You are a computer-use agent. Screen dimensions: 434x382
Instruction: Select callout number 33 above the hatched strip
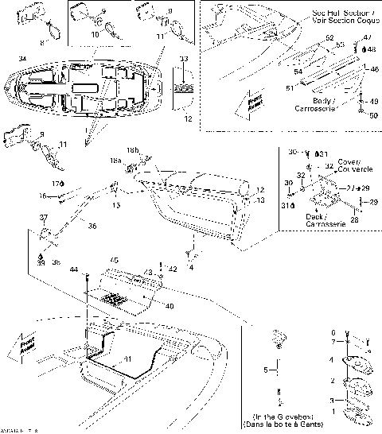coord(185,59)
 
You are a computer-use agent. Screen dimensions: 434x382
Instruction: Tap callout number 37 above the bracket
coord(44,216)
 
